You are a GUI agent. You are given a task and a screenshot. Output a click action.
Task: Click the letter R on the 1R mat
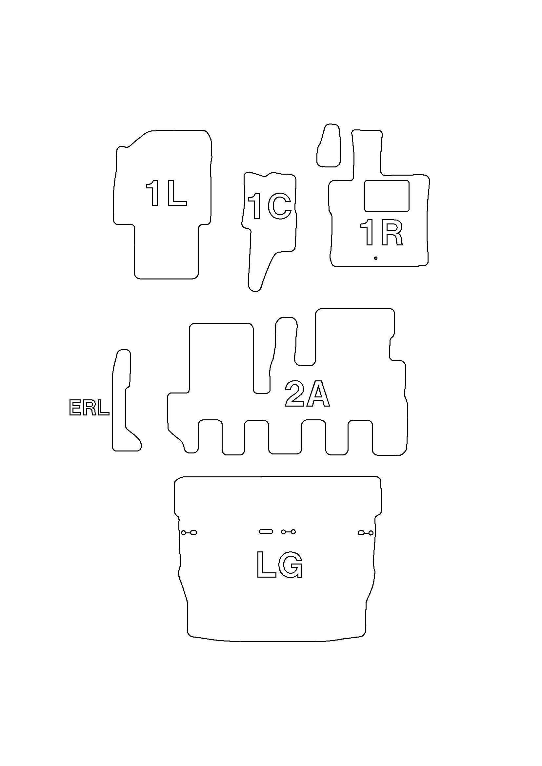[x=391, y=233]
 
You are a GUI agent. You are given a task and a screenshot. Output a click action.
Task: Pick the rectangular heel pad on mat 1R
[x=387, y=196]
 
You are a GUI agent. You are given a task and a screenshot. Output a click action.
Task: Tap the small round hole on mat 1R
[x=376, y=258]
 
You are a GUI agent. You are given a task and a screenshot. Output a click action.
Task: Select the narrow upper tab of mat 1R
[x=367, y=152]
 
